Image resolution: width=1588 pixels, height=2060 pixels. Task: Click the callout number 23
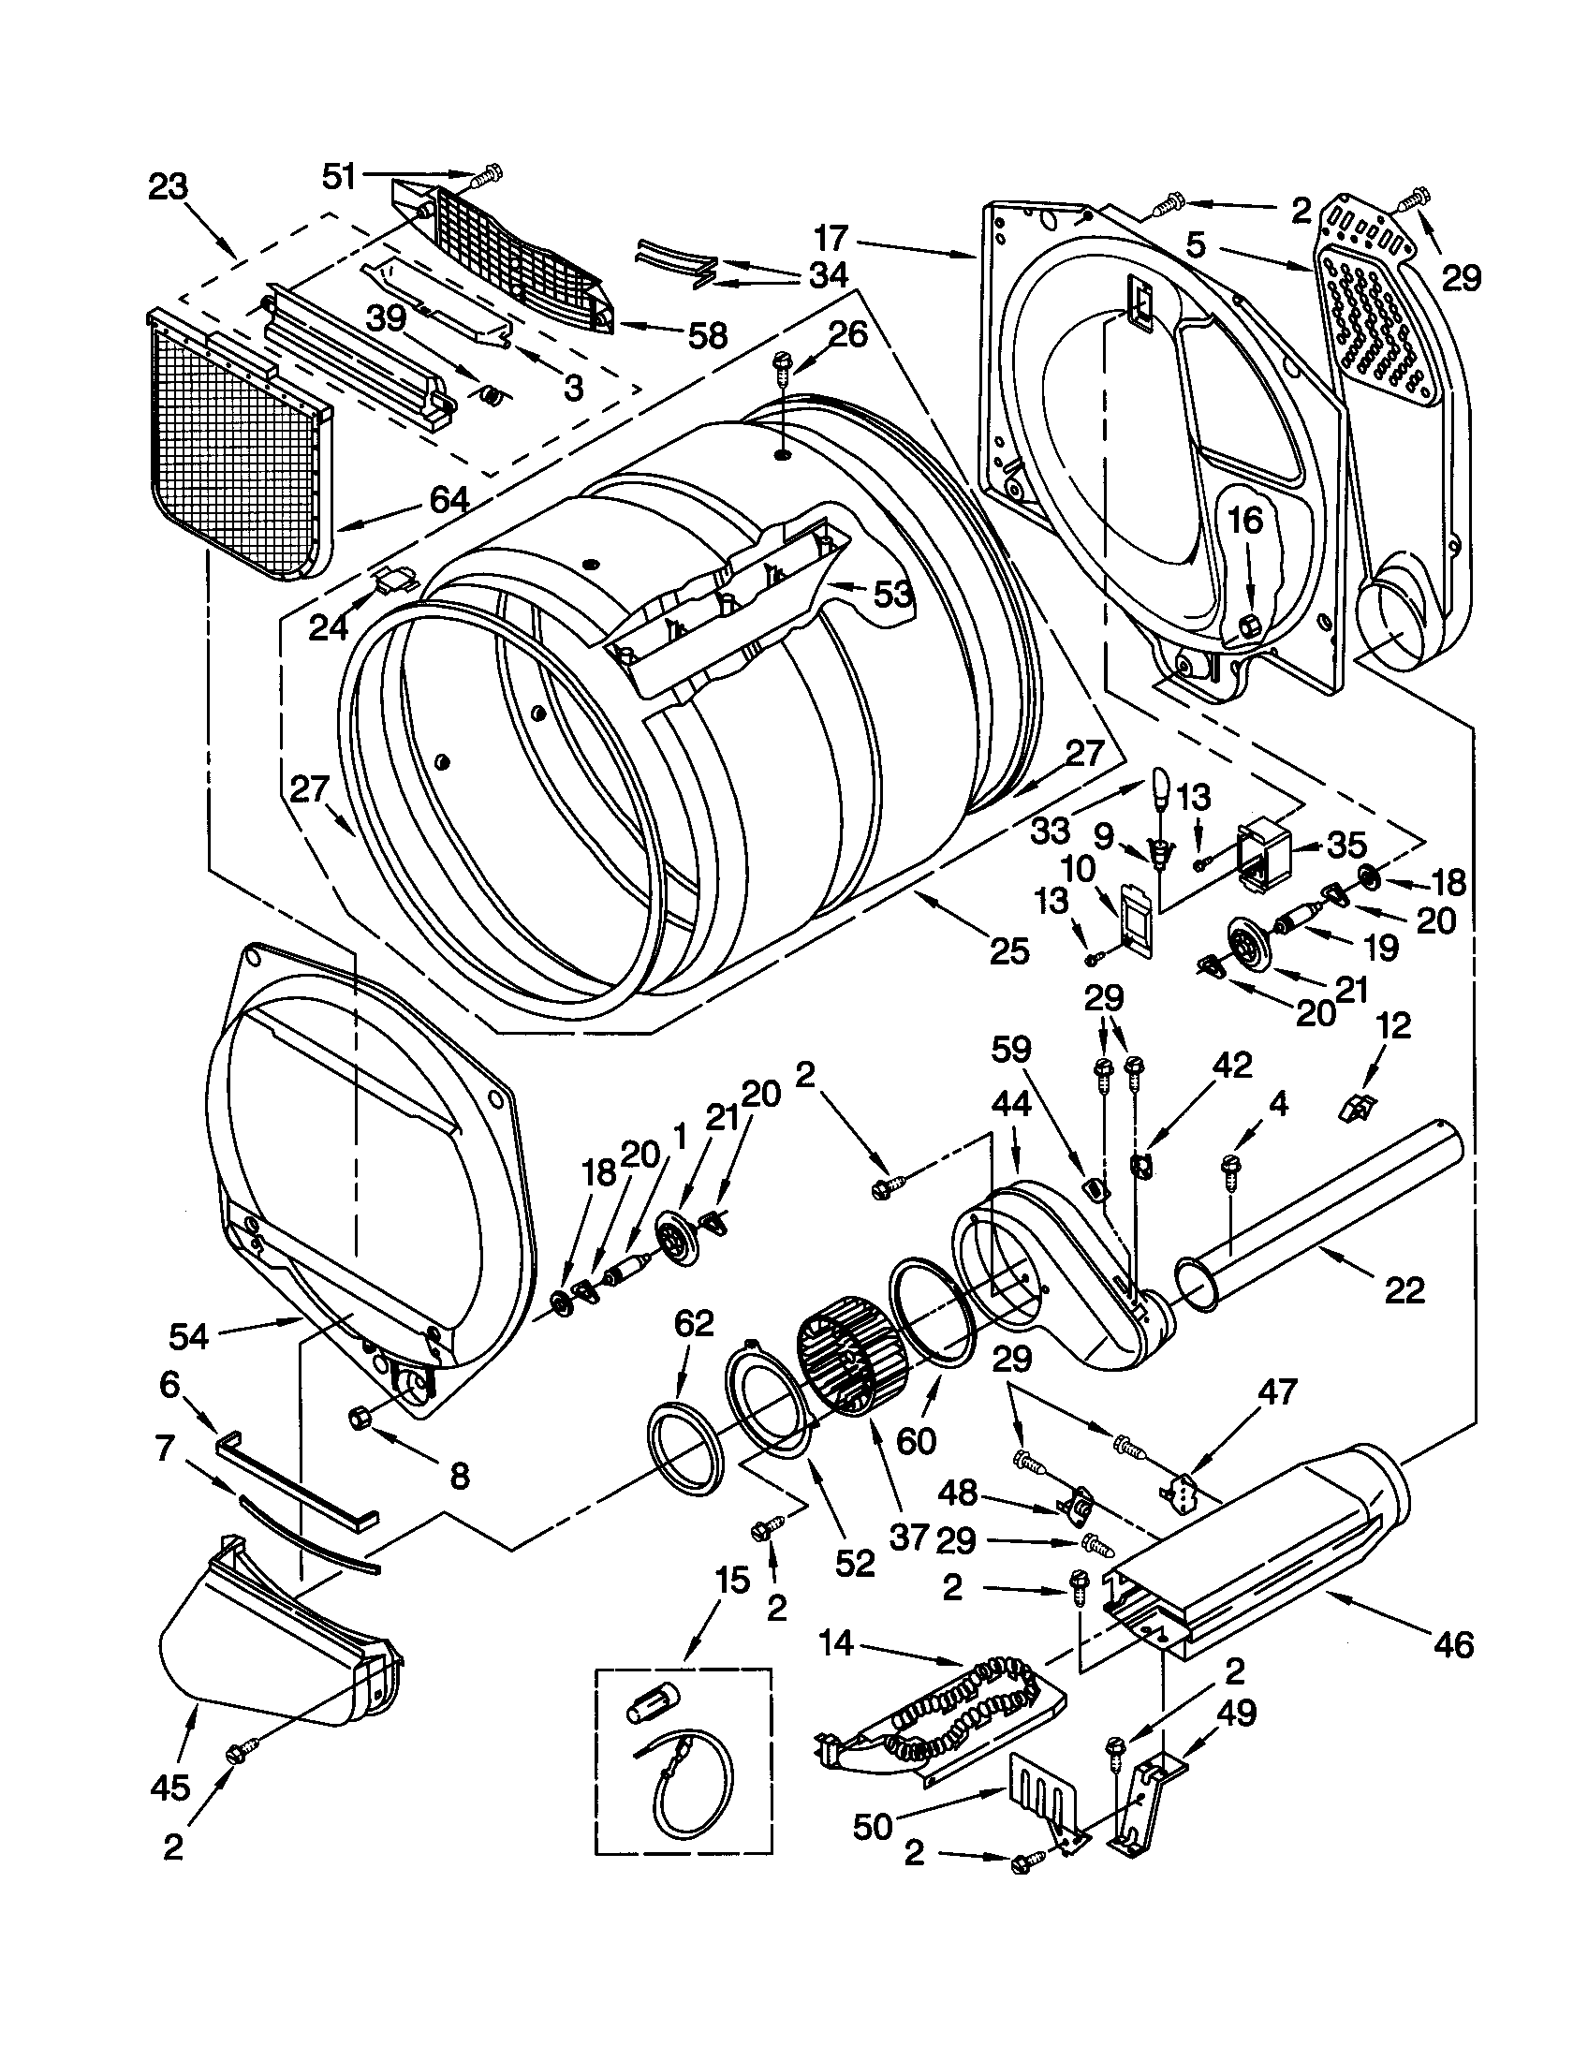(168, 186)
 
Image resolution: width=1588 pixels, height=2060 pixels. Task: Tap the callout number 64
(448, 500)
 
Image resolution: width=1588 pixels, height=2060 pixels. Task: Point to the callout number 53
(892, 594)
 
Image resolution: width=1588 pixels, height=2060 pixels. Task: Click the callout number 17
(831, 238)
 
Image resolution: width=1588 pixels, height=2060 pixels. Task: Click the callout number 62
(693, 1325)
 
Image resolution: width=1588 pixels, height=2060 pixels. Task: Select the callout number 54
(188, 1334)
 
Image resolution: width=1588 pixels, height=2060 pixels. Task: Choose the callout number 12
(1395, 1025)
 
